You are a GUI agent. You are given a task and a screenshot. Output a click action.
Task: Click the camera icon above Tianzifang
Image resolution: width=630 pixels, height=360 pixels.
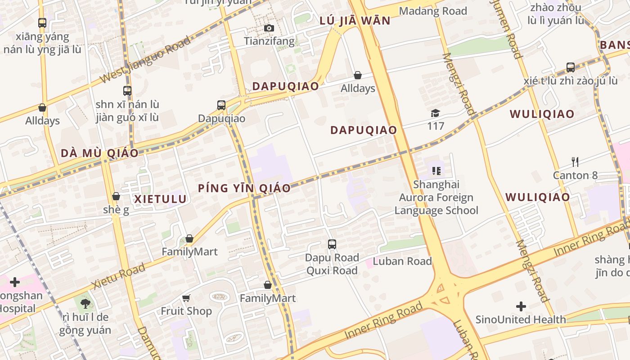click(269, 28)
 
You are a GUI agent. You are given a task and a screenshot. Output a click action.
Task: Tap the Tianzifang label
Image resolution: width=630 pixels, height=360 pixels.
click(269, 41)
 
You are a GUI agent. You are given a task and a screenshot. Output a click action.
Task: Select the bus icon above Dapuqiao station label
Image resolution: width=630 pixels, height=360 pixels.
click(221, 105)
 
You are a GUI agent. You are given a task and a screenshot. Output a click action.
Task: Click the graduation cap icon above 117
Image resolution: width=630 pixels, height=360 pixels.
click(435, 113)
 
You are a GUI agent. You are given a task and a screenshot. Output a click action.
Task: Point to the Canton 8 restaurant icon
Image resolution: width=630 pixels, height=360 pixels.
click(575, 162)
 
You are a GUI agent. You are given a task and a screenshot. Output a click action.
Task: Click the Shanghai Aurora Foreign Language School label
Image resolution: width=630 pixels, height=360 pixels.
click(436, 197)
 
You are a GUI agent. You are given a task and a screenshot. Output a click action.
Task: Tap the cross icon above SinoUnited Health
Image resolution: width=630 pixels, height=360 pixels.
click(521, 307)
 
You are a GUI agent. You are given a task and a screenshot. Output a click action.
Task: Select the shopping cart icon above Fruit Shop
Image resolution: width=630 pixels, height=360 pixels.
click(186, 298)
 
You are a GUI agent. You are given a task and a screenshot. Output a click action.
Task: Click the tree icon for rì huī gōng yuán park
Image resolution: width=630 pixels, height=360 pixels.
click(85, 304)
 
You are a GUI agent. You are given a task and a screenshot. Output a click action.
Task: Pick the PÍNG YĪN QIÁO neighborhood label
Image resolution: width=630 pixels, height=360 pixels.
click(244, 188)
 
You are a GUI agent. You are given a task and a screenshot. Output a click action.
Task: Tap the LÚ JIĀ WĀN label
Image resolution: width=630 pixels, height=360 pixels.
click(355, 21)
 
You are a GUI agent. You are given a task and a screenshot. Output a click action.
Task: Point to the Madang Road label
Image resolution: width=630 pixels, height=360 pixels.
click(433, 11)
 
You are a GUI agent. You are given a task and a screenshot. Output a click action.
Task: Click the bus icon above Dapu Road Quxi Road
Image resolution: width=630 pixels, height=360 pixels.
click(332, 244)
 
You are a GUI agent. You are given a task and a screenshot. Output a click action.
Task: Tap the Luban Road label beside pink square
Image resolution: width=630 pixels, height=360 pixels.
click(402, 261)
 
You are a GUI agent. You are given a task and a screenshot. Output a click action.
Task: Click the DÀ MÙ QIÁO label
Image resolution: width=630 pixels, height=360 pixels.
click(99, 153)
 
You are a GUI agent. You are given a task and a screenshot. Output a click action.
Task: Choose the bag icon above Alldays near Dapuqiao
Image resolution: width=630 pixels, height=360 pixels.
click(358, 75)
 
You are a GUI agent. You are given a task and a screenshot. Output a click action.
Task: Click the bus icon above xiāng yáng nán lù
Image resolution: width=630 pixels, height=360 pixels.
click(42, 22)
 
